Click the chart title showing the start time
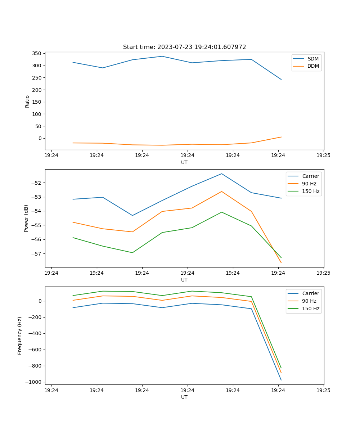pos(184,47)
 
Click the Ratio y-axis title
pos(27,101)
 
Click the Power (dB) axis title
pos(26,218)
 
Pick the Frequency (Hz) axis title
pos(20,336)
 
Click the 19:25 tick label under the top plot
pos(323,156)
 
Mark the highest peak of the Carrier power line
pos(221,174)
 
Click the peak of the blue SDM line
pos(162,56)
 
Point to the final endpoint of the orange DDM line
pos(281,137)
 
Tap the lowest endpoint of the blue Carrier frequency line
pos(281,380)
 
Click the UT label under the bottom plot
pos(184,397)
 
